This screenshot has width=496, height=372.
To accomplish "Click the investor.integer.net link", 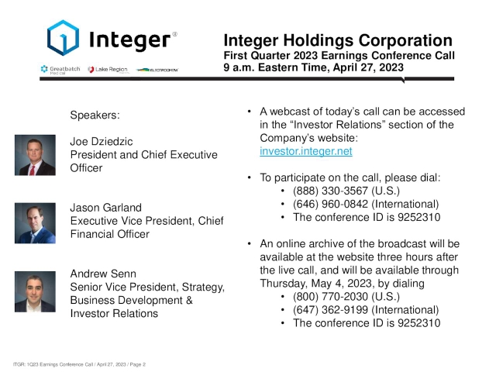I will (x=305, y=152).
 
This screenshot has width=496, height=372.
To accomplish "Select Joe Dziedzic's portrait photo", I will (x=35, y=154).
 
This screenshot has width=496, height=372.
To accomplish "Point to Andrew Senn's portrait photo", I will (x=35, y=293).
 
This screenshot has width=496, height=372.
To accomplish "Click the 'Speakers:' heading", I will (x=95, y=115).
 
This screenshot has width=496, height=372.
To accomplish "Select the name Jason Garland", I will (x=107, y=208).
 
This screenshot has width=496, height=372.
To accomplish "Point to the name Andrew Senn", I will (x=104, y=274).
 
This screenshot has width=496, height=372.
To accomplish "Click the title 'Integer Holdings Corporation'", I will (x=337, y=41).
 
